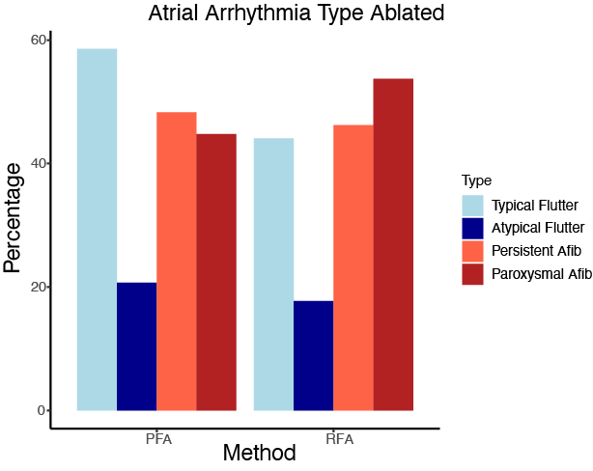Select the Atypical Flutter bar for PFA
coord(136,346)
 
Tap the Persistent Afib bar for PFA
coord(176,262)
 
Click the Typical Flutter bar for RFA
coord(273,274)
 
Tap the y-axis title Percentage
coord(14,217)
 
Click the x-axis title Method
coord(259,452)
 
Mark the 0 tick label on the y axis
coord(42,410)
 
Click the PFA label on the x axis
coord(156,439)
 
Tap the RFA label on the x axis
coord(339,439)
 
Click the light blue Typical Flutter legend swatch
coord(472,206)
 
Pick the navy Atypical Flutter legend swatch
coord(472,228)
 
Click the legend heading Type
coord(475,180)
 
